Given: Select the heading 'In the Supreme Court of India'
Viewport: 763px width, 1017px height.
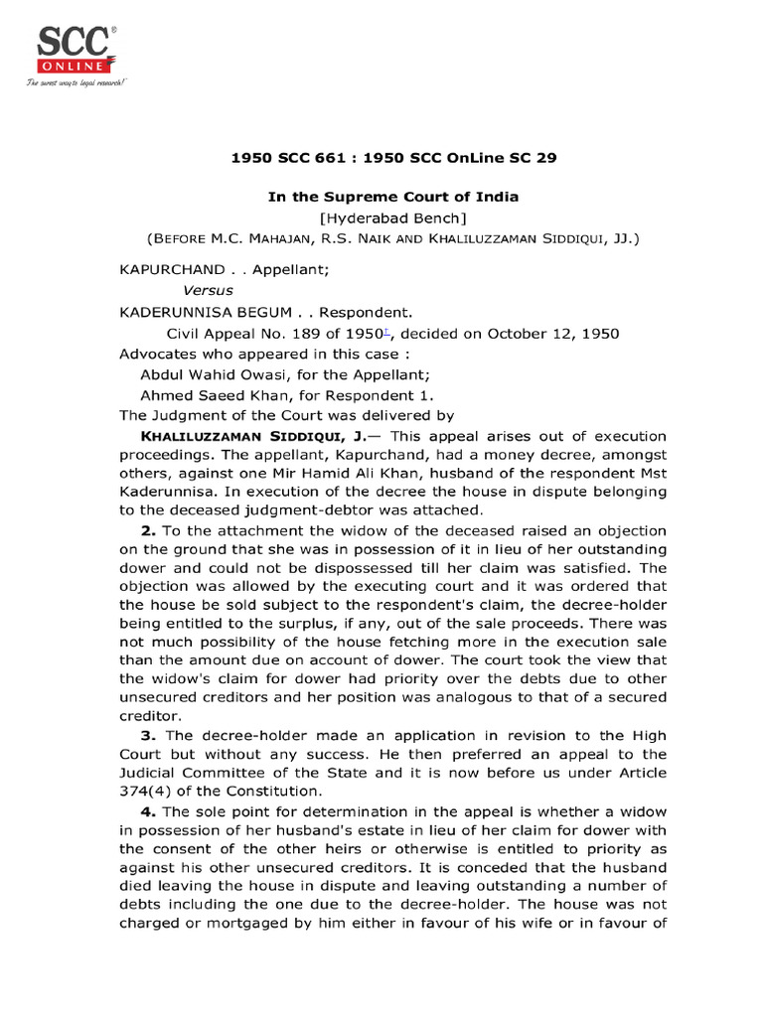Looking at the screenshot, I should pos(393,197).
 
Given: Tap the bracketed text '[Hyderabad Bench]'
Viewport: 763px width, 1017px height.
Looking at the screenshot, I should pos(393,218).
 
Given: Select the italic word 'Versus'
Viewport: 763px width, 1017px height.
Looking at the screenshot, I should pos(209,290).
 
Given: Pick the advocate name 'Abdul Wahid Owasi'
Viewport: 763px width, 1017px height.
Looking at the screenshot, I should pos(211,373).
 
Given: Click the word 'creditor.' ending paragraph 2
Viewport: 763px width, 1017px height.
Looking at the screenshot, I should pos(150,714).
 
